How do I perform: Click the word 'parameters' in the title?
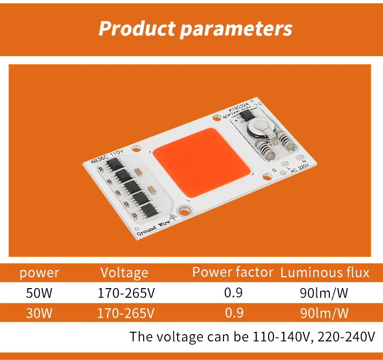coord(236,29)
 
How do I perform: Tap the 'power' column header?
coord(39,273)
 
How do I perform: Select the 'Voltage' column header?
coord(124,273)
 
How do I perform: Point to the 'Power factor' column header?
coord(233,272)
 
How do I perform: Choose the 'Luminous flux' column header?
coord(325,273)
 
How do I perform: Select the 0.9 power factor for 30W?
coord(234,314)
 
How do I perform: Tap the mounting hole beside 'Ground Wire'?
coord(182,209)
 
